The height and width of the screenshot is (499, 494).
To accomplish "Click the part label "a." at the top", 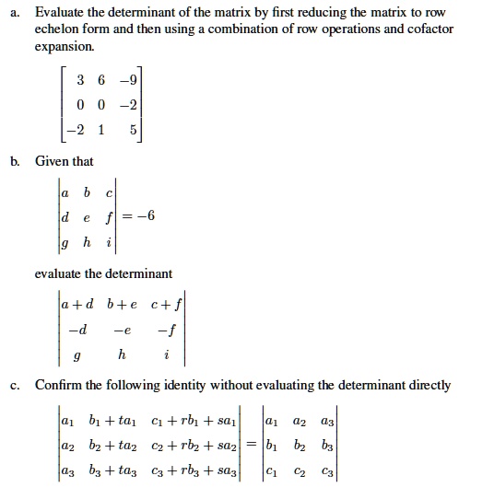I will [x=16, y=13].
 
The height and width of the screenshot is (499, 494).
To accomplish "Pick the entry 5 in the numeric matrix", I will [x=132, y=130].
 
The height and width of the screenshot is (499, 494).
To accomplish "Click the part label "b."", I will [x=16, y=162].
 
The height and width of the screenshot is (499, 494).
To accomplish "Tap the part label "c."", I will [x=16, y=385].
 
